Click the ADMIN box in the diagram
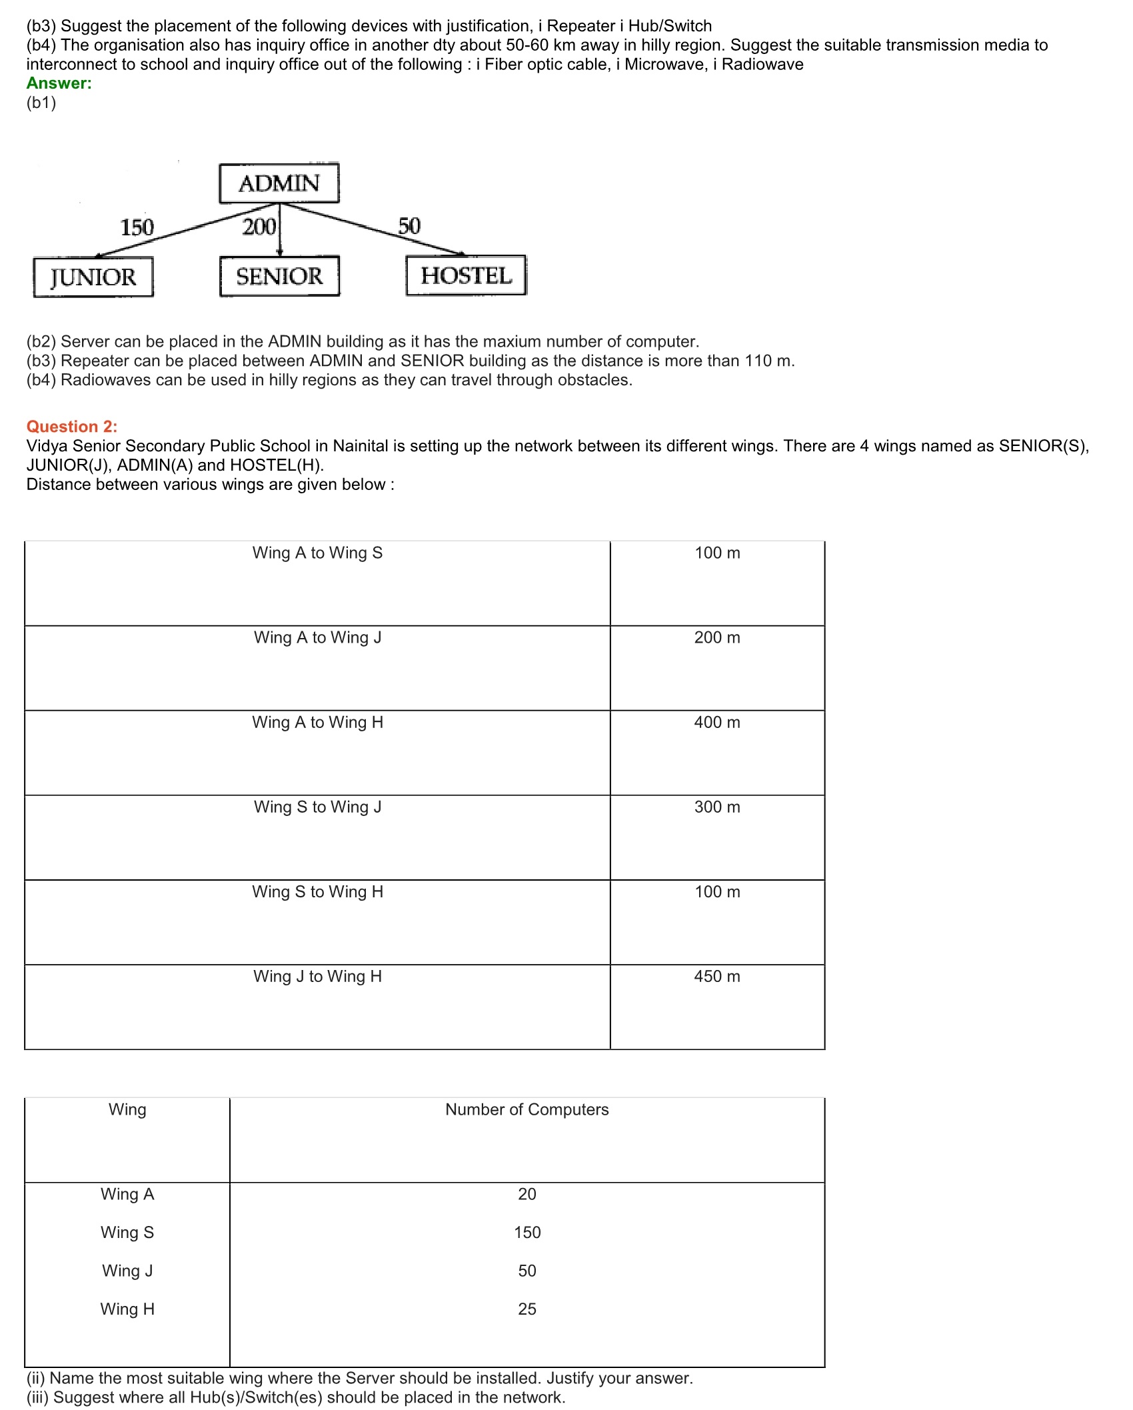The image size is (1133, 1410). [x=279, y=183]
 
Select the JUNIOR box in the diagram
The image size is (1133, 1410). [x=93, y=277]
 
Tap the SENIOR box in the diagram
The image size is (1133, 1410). [x=279, y=276]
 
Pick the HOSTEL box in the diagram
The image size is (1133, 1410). [x=466, y=275]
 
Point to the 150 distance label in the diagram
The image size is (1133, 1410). [x=137, y=227]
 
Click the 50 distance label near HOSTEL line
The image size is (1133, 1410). [x=409, y=226]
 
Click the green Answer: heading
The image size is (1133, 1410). [x=59, y=83]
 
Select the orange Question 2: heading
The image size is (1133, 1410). [x=72, y=427]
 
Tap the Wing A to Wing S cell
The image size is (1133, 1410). [x=317, y=553]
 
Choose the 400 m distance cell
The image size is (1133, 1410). [x=717, y=722]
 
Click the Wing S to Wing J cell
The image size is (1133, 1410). [x=317, y=807]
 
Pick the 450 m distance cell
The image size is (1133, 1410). [x=717, y=976]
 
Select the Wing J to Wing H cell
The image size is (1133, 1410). [x=317, y=976]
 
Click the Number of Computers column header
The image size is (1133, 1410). [x=527, y=1109]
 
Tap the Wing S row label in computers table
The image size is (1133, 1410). [x=127, y=1232]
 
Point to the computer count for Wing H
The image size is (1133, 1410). [x=527, y=1309]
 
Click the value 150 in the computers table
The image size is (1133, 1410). [x=527, y=1232]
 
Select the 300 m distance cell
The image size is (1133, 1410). [x=717, y=807]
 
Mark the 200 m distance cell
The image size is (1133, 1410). [x=717, y=637]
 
